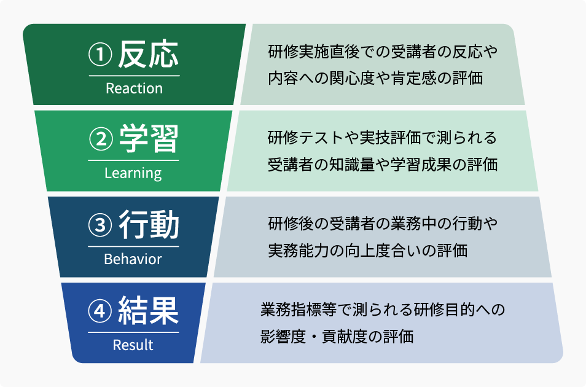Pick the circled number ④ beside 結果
(x=101, y=313)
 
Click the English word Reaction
(x=134, y=88)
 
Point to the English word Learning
(x=133, y=173)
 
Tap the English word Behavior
(x=133, y=259)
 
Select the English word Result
(x=133, y=345)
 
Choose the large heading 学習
(x=148, y=141)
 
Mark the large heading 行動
(x=148, y=226)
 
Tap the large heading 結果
(x=148, y=311)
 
